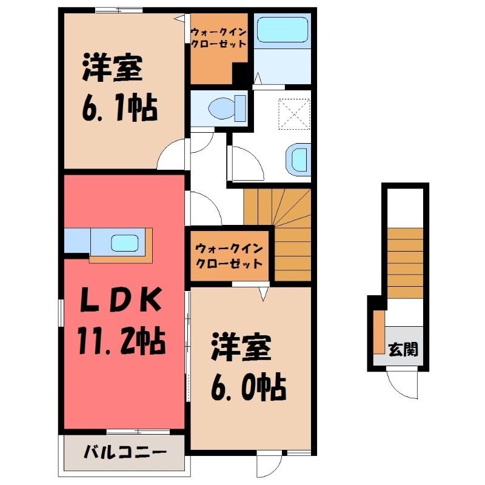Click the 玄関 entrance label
403,350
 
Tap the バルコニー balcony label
125,452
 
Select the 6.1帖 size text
120,109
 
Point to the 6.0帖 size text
249,387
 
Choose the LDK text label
121,299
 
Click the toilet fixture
227,109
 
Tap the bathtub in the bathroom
283,30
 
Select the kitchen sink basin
125,243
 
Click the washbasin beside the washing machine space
298,159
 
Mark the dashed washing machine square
294,113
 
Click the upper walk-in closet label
219,38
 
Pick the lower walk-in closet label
229,255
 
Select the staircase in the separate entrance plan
405,264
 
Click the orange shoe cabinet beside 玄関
379,332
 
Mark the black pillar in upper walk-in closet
240,73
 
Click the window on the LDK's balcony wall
138,432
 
